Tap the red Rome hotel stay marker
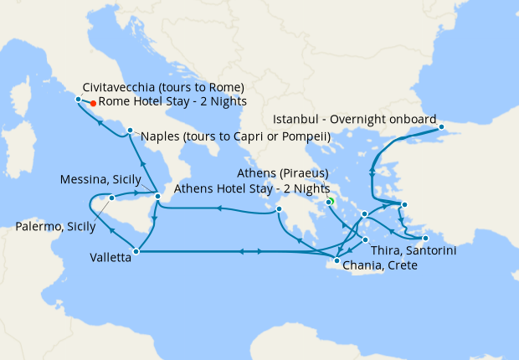pyautogui.click(x=93, y=103)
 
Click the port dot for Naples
pyautogui.click(x=130, y=131)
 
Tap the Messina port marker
pyautogui.click(x=158, y=197)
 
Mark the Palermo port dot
pyautogui.click(x=111, y=198)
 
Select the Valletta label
pyautogui.click(x=110, y=259)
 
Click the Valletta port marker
pyautogui.click(x=136, y=250)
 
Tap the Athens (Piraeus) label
pyautogui.click(x=283, y=173)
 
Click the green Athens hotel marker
pyautogui.click(x=330, y=202)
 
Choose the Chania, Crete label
pyautogui.click(x=379, y=265)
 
